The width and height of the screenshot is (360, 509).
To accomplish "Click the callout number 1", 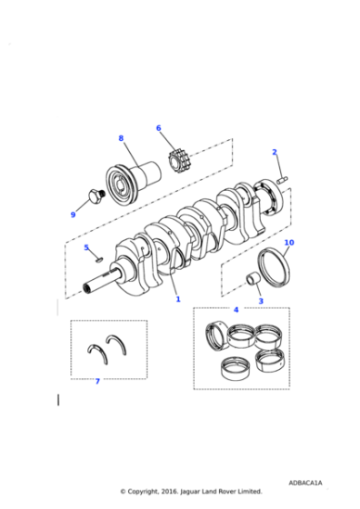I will pos(178,299).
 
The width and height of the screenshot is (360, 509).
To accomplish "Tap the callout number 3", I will pos(260,301).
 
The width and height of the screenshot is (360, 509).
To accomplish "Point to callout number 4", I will pos(235,310).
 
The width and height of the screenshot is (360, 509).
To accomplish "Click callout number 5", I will pos(86,247).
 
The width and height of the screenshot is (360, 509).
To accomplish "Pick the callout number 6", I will pos(158,128).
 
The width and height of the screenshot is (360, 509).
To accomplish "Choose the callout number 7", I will pos(97,381).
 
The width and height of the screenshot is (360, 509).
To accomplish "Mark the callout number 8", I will pos(120,138).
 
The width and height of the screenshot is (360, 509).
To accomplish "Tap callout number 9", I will pos(73,215).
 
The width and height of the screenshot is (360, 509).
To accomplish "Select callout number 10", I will pos(289,243).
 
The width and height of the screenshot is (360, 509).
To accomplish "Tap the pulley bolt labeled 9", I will pos(92,196).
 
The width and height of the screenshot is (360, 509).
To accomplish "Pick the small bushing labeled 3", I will pos(246,278).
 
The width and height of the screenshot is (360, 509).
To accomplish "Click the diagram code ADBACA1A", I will pos(305,483).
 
